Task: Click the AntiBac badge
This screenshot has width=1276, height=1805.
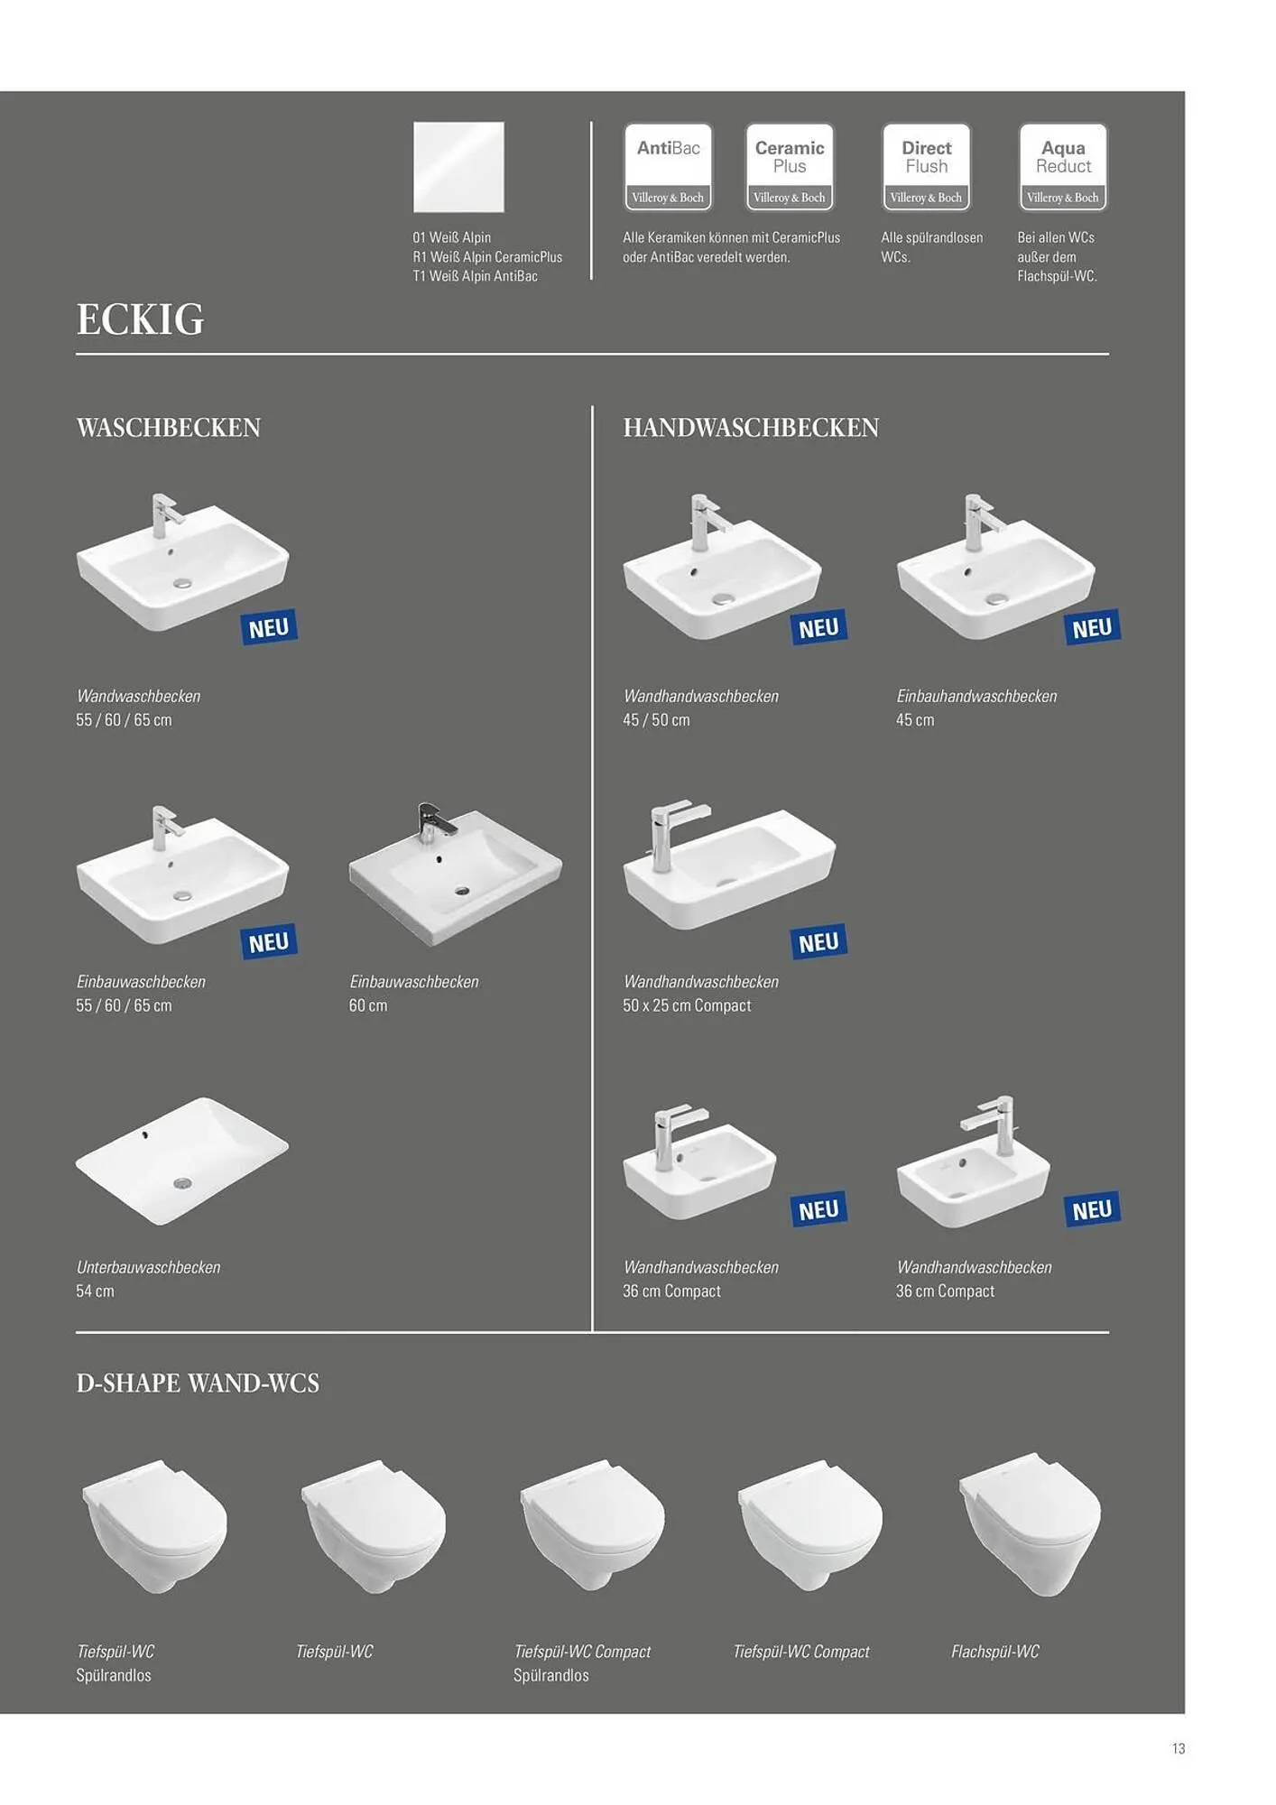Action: pos(668,167)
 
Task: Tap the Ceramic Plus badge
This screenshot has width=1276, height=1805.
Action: pos(790,167)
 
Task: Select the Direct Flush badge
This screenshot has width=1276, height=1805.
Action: pos(927,167)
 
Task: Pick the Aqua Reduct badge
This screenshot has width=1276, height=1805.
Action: pos(1063,167)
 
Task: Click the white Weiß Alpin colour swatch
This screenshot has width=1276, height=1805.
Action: pos(458,167)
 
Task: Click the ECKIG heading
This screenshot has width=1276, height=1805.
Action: pos(141,319)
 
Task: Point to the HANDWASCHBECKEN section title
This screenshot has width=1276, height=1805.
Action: pos(751,428)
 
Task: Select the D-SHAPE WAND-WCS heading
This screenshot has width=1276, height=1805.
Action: pos(198,1384)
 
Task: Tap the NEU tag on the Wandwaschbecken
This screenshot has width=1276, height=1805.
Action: pos(269,627)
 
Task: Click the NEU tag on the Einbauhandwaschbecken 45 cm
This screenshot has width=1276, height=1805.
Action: pos(1092,627)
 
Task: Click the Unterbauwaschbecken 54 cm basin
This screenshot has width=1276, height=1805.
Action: pos(182,1161)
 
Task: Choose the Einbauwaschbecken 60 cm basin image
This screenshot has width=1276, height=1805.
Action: pos(456,875)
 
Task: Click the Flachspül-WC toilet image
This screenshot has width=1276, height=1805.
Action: pos(1030,1524)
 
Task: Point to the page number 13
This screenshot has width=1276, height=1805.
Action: pos(1179,1749)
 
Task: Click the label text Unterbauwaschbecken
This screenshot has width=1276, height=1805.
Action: pos(149,1267)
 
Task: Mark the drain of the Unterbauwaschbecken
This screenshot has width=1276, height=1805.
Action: pos(182,1182)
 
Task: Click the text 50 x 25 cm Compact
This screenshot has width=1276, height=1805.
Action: pos(687,1005)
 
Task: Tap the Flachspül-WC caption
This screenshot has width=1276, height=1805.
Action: pos(995,1652)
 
